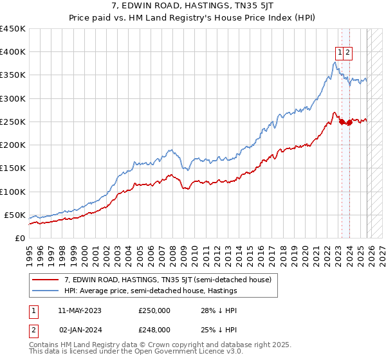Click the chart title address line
(x=193, y=6)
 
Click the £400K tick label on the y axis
(x=13, y=52)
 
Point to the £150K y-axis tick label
(x=13, y=168)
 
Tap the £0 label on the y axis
(x=20, y=238)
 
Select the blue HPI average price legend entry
(x=151, y=291)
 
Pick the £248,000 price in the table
(x=154, y=330)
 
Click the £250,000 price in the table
(x=154, y=310)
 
